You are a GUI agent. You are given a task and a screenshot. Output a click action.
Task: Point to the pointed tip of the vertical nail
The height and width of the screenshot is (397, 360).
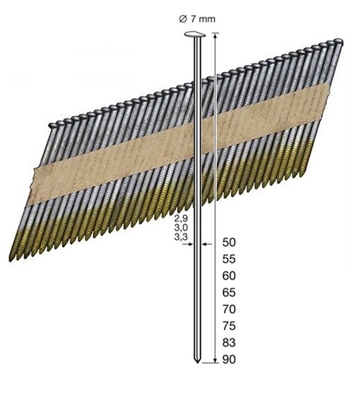tap(196, 363)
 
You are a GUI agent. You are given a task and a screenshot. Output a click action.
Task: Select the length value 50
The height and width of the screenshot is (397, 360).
tap(229, 243)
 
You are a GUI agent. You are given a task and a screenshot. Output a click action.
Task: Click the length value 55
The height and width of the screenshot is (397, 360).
tap(229, 260)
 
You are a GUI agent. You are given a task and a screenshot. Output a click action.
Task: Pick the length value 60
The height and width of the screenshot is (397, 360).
tap(229, 276)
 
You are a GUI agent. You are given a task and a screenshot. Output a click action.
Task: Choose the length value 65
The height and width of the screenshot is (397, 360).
tap(229, 293)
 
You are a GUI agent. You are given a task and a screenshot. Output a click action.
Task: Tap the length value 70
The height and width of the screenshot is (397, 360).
tap(229, 309)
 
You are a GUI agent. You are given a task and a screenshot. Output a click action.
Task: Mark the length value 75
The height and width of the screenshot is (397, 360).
tap(229, 326)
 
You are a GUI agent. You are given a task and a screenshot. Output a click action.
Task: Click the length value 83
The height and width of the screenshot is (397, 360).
tap(229, 343)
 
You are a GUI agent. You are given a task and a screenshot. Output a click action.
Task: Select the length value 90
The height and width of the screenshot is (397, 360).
tap(229, 360)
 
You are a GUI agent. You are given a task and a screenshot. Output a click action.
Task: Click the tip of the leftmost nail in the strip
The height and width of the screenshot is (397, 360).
tap(11, 261)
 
